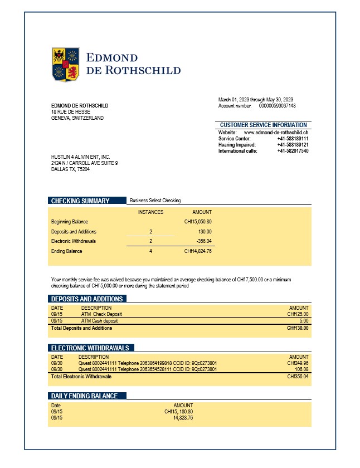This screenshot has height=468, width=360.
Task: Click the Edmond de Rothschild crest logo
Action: (x=65, y=65)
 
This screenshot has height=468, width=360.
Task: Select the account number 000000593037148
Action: (x=278, y=106)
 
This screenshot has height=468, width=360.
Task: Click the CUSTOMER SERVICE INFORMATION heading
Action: (x=263, y=125)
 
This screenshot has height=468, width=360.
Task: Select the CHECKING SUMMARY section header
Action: (x=80, y=201)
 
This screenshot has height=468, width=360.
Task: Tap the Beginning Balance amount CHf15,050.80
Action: (x=198, y=222)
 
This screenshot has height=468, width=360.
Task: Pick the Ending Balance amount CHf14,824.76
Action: (x=198, y=251)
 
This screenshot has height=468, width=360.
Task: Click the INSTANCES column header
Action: (x=150, y=212)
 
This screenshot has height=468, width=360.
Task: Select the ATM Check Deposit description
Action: (x=101, y=314)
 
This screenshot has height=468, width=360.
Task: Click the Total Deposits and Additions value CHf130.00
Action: (x=298, y=328)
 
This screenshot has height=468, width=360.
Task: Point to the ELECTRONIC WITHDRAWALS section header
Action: (x=90, y=348)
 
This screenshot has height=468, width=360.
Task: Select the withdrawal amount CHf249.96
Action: (x=298, y=363)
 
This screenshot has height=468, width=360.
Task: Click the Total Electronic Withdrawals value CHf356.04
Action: (x=298, y=377)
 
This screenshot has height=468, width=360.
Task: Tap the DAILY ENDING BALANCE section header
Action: (x=84, y=396)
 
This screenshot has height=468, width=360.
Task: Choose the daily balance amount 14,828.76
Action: (x=183, y=417)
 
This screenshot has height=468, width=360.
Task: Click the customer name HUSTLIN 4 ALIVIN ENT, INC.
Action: (x=80, y=157)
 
